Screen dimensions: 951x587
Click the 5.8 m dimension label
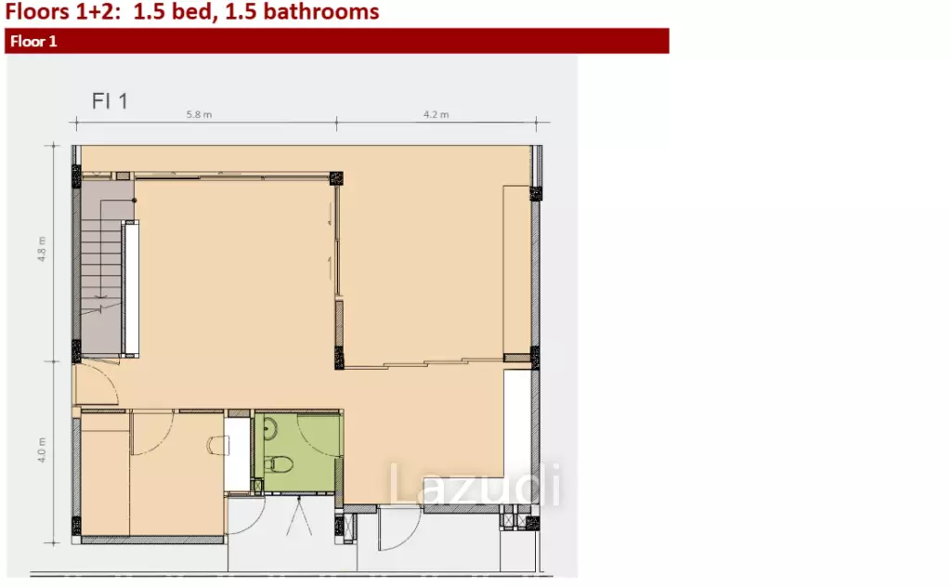[199, 114]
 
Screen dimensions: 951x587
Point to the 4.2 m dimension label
[436, 114]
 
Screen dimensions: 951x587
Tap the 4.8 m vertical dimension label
[42, 249]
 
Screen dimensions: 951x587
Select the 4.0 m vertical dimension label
[42, 450]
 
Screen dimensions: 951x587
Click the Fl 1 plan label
[110, 100]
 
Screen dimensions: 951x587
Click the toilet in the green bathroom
[279, 465]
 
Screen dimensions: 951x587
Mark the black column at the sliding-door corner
[336, 178]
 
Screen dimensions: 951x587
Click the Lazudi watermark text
[475, 483]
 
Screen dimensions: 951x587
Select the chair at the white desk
[217, 446]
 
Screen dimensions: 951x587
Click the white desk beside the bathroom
[238, 454]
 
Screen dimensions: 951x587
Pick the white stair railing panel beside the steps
[130, 289]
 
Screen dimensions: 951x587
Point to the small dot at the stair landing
[135, 200]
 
